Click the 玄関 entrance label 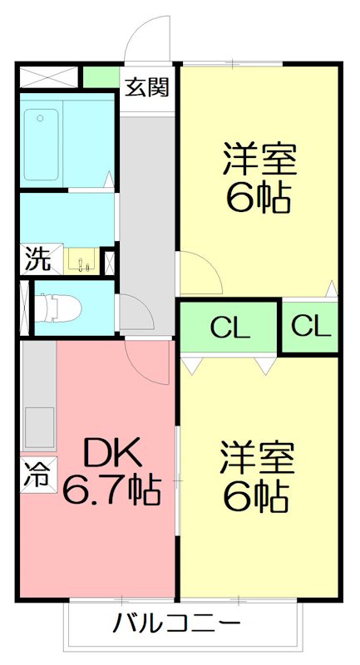tap(148, 87)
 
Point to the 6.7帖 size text tap(111, 492)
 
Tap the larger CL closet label tap(229, 328)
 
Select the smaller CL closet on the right tap(310, 327)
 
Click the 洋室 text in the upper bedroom tap(259, 158)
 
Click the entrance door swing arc tap(148, 37)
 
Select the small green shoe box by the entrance tap(101, 77)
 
